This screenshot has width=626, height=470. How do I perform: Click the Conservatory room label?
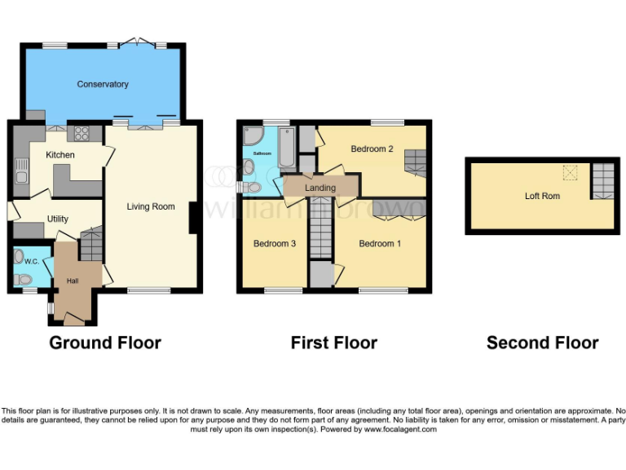tap(103, 84)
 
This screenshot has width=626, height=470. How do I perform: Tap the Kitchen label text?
tap(60, 155)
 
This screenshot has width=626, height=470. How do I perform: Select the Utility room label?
tap(58, 219)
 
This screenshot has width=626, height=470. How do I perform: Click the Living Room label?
tap(151, 206)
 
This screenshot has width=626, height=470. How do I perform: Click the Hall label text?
tap(73, 282)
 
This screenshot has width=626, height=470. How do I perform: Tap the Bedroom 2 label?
tap(372, 149)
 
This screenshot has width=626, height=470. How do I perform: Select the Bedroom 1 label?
tap(380, 243)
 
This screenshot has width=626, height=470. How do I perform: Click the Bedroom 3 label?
tap(274, 243)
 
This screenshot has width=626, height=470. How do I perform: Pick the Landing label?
tap(320, 188)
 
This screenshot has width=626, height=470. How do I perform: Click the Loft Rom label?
tap(542, 196)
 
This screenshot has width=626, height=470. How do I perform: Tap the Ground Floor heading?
tap(105, 343)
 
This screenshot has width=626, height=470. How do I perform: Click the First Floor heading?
tap(333, 343)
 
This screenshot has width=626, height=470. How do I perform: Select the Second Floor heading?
tap(542, 343)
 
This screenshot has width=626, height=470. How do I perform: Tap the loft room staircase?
tap(602, 180)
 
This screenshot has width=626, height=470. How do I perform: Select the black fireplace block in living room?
tap(192, 218)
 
